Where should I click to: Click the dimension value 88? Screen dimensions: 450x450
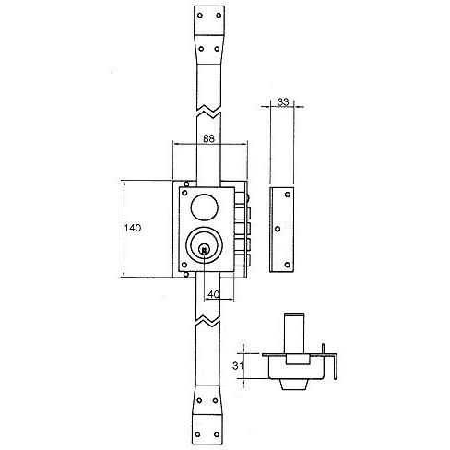point(209,138)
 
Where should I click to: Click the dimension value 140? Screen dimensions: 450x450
point(133,228)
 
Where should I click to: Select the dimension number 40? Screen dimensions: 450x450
point(214,294)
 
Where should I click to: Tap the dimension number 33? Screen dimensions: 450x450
point(283,101)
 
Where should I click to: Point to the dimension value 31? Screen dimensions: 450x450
point(238,366)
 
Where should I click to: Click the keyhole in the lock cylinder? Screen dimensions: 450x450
point(204,249)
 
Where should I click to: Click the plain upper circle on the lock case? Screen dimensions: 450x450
point(205,207)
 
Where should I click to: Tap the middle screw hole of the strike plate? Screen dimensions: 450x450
point(278,229)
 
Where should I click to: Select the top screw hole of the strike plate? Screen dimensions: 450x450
point(288,195)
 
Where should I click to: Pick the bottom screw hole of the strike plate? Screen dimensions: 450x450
point(288,265)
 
